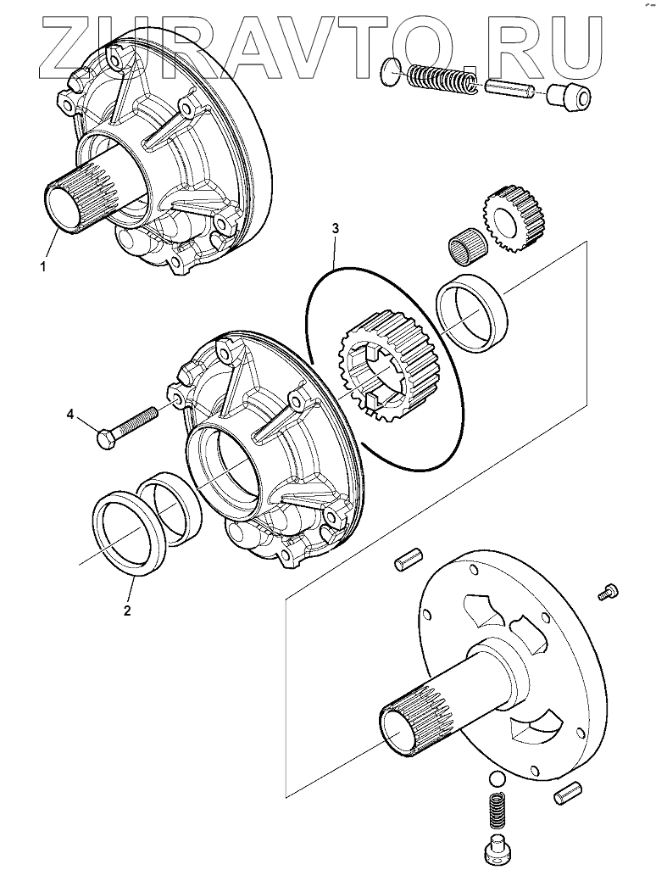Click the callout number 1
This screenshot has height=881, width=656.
click(42, 266)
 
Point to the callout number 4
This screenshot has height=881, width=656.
click(72, 414)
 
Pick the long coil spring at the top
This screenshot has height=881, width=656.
click(442, 81)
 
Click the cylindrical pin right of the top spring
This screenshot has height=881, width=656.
click(508, 87)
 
